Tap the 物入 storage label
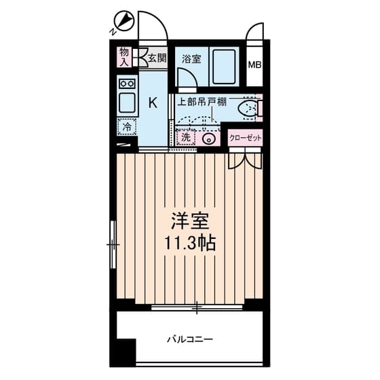(124, 57)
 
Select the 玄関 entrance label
(157, 58)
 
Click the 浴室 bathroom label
(191, 59)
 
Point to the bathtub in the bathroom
(224, 67)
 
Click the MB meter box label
(254, 65)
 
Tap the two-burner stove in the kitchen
(128, 84)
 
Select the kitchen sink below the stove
(127, 102)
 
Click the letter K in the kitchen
(153, 102)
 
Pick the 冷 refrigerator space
(127, 127)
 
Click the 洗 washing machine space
(186, 138)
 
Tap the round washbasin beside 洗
(209, 139)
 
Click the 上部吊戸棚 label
(202, 102)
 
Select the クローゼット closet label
(245, 138)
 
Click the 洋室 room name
(190, 221)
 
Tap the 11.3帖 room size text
(190, 243)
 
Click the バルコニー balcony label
(190, 339)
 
